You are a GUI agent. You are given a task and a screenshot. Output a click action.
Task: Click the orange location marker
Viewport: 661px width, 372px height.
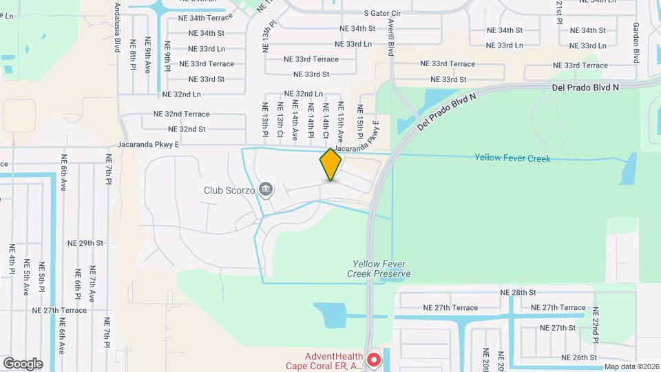coord(330,165)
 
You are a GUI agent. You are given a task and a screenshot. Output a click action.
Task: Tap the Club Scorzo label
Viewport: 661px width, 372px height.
coord(229,189)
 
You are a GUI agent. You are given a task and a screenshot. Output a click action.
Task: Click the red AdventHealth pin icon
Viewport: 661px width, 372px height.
coord(374,360)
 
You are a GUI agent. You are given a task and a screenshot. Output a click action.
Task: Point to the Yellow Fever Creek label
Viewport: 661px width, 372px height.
coord(512,158)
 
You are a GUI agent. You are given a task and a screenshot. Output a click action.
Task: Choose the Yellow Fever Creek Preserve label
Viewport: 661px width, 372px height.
coord(381,269)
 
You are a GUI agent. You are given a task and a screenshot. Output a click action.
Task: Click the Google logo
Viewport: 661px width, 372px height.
coord(23,363)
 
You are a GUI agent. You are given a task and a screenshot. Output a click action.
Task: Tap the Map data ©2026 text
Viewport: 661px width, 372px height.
coord(631,366)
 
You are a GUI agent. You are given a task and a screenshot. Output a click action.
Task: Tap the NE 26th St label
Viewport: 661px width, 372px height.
coord(578,358)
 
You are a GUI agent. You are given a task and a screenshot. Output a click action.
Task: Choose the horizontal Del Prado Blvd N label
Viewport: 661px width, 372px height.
coord(585,88)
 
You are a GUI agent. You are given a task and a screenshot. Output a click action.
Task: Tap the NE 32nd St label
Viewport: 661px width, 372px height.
coord(187,129)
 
